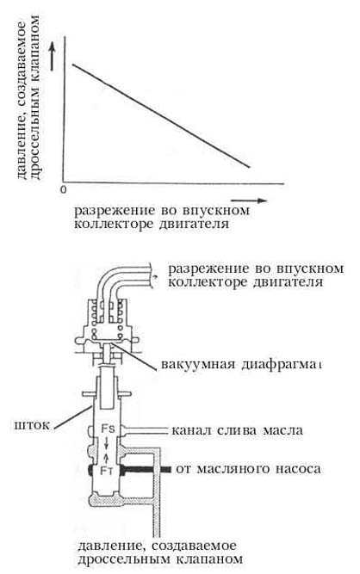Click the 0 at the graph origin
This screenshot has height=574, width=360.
pyautogui.click(x=64, y=190)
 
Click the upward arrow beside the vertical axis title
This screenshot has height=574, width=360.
pyautogui.click(x=53, y=56)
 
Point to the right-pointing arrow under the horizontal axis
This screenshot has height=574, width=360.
pyautogui.click(x=249, y=201)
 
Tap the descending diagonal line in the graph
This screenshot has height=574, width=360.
pyautogui.click(x=161, y=115)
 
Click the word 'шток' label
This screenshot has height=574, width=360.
pyautogui.click(x=31, y=425)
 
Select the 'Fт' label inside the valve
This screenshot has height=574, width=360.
pyautogui.click(x=107, y=471)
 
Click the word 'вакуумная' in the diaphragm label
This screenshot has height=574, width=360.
pyautogui.click(x=198, y=365)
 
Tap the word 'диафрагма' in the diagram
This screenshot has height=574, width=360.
pyautogui.click(x=282, y=365)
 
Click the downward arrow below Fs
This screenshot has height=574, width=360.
pyautogui.click(x=107, y=443)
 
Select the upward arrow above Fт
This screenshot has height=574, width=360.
pyautogui.click(x=107, y=458)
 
